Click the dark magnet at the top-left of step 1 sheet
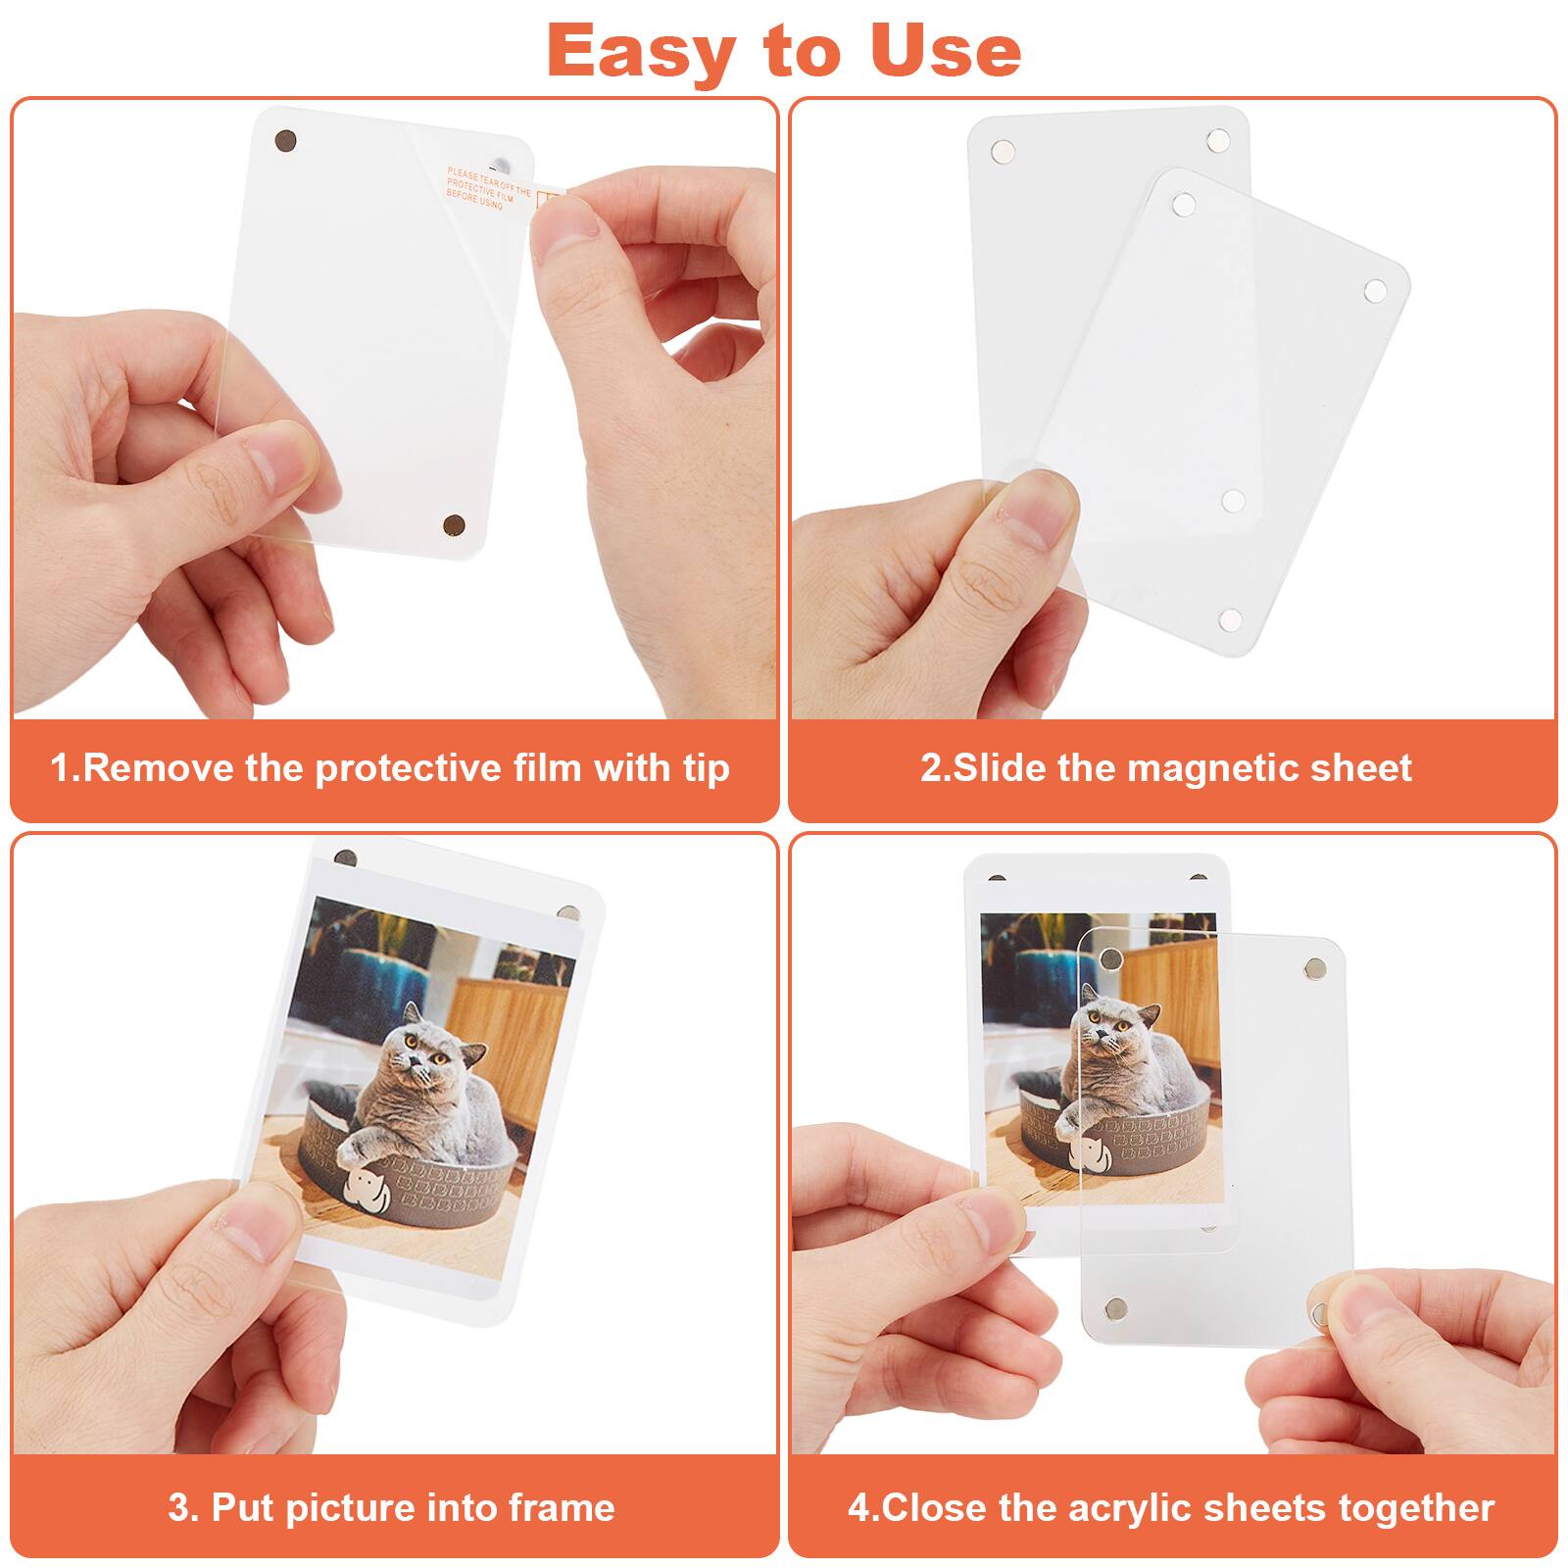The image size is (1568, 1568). (x=285, y=141)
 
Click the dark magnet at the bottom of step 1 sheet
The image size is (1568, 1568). (x=454, y=525)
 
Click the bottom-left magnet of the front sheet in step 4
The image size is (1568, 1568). (x=1114, y=1307)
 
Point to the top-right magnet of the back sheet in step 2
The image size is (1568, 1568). (x=1217, y=140)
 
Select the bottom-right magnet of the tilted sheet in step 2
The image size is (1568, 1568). (x=1230, y=619)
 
